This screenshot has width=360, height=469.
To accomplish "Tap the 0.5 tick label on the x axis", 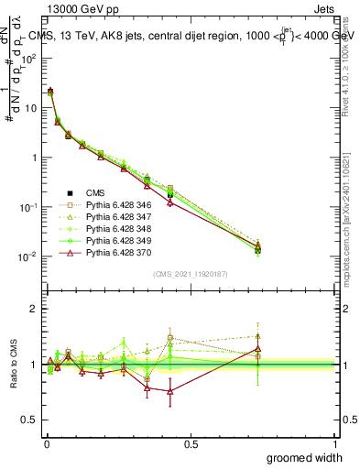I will [191, 443].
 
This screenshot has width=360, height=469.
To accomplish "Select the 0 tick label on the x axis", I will [46, 443].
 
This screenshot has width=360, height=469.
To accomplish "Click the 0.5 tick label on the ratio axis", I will [30, 420].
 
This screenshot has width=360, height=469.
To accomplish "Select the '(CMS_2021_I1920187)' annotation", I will [191, 274].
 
